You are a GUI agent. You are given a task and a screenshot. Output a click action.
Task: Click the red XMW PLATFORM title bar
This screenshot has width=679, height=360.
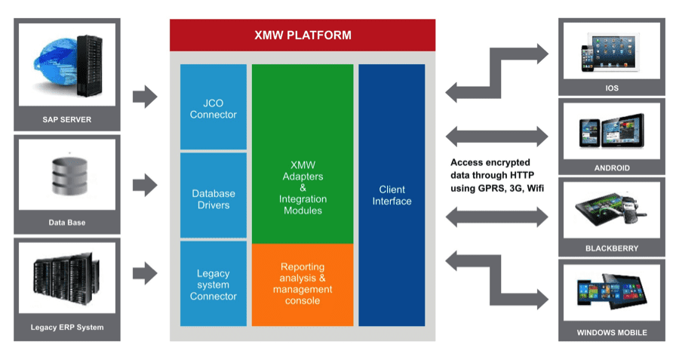tap(302, 35)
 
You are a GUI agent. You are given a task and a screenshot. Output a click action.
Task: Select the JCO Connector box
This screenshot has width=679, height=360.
tap(213, 107)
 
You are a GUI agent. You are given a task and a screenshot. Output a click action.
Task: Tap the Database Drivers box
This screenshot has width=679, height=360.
tap(213, 199)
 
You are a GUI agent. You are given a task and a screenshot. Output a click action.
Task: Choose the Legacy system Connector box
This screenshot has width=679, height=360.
tap(213, 284)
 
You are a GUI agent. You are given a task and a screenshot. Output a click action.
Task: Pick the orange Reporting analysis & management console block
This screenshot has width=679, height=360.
tap(302, 284)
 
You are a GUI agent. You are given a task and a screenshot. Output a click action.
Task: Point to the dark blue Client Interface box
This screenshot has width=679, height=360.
tap(392, 195)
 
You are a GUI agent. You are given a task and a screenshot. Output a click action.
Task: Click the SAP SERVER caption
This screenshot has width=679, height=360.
tap(66, 119)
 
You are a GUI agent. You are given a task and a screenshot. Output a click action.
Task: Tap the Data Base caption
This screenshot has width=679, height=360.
tap(66, 223)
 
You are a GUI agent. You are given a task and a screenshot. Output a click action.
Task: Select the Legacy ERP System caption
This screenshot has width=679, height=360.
tap(66, 327)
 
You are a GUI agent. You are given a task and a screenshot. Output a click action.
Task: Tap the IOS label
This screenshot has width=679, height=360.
tap(611, 88)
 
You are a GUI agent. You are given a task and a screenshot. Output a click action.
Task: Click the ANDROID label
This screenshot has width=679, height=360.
tap(611, 168)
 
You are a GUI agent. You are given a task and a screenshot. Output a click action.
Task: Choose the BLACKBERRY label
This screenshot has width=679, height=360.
tap(611, 248)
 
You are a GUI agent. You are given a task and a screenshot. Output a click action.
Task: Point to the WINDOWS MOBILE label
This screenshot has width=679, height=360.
tap(611, 332)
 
